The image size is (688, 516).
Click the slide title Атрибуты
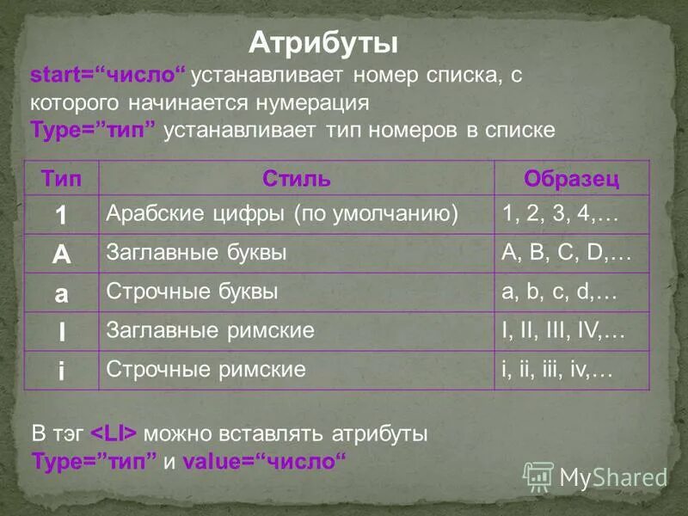(322, 42)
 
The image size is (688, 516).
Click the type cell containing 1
(61, 215)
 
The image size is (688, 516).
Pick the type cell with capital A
(61, 254)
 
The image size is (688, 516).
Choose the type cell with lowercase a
(61, 293)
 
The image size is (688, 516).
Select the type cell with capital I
(61, 332)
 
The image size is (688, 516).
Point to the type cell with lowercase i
(61, 371)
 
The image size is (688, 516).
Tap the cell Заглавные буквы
(196, 253)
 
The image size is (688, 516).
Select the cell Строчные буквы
(192, 292)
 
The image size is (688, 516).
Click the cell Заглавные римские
(210, 331)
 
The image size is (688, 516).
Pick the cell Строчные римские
(206, 370)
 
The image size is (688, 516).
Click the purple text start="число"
(107, 75)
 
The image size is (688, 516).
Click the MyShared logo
(595, 476)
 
